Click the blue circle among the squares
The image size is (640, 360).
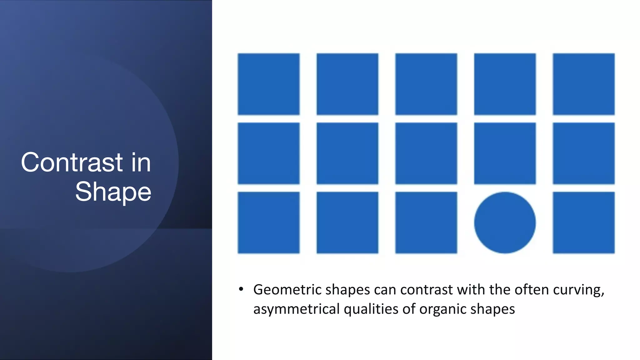point(505,222)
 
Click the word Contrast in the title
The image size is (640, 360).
point(72,162)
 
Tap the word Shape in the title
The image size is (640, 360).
point(113,192)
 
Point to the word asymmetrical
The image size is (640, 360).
point(296,309)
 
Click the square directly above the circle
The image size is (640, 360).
point(505,153)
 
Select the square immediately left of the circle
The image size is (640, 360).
point(426,222)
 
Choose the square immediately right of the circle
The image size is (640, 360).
point(583,222)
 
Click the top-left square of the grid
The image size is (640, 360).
point(268,84)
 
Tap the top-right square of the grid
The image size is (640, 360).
point(583,84)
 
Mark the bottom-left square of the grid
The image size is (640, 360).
point(268,222)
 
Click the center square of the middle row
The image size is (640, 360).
point(426,153)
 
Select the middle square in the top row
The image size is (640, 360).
point(426,84)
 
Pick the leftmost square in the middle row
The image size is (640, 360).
point(268,153)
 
